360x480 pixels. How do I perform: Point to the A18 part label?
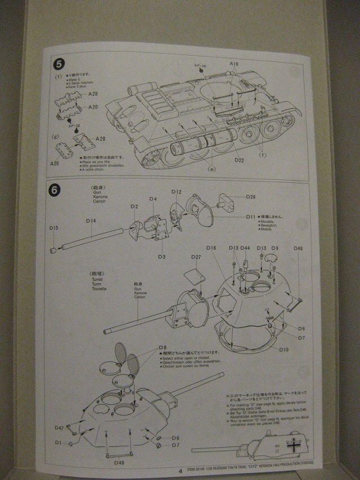coord(234,65)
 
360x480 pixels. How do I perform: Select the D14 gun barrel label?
coord(92,221)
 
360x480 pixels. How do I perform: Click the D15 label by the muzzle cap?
coord(54,228)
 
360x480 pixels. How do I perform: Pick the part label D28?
coord(251,197)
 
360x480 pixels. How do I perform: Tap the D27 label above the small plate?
coord(196,257)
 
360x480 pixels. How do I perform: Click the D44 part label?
coord(245,248)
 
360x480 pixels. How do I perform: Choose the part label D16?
coord(211,248)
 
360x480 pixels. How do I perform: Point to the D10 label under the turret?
coord(283,349)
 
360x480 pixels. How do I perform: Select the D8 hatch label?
coord(163,347)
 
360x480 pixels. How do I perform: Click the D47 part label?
coord(59,429)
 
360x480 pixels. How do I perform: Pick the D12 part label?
coord(177,192)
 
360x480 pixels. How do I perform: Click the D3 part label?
coord(161,257)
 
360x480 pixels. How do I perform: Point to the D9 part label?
coord(274,248)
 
